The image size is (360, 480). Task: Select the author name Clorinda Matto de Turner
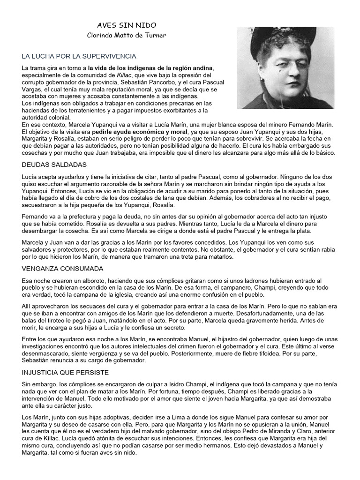pos(127,36)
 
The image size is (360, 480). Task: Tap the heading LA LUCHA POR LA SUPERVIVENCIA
pos(79,56)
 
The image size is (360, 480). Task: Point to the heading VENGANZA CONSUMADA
pos(63,269)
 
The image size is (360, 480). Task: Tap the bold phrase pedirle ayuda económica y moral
pos(139,132)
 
